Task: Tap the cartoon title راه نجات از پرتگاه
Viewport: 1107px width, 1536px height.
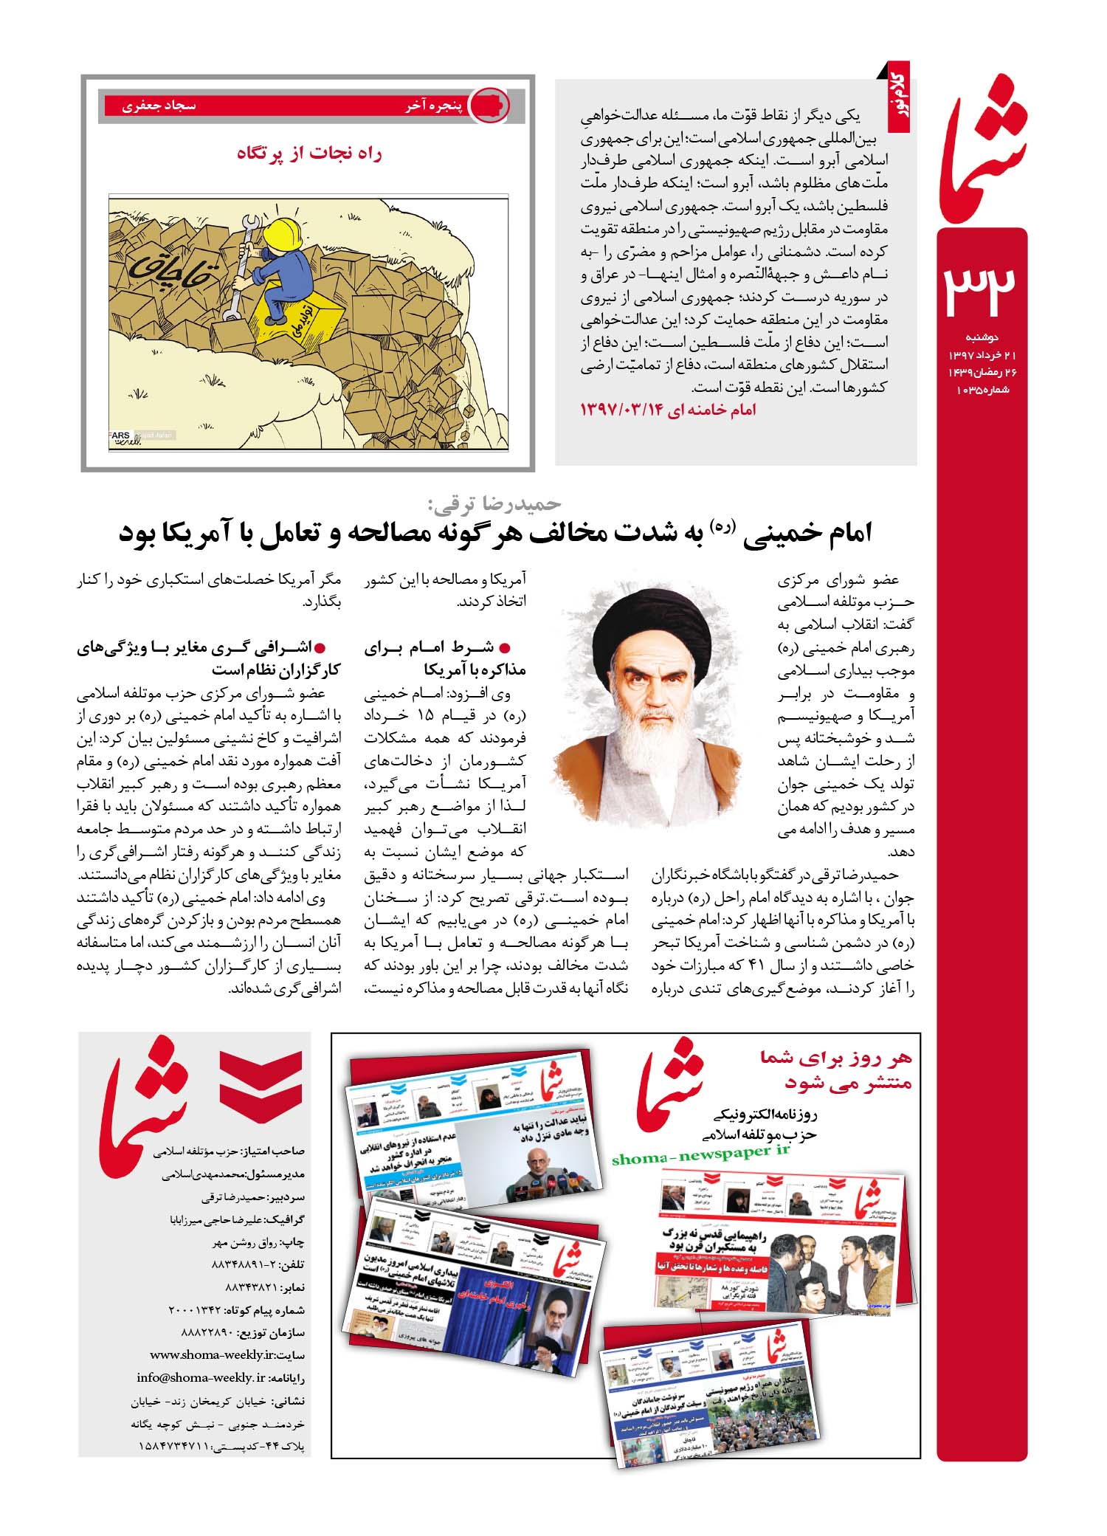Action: [x=309, y=154]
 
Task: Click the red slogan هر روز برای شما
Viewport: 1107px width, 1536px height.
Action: [x=838, y=1058]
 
